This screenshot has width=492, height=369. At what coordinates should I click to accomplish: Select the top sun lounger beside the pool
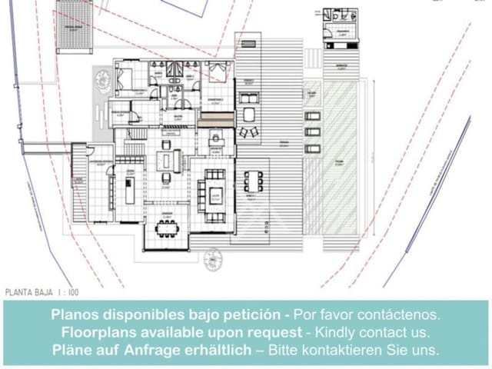click(x=312, y=116)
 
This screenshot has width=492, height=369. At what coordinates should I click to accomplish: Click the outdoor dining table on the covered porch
click(x=253, y=181)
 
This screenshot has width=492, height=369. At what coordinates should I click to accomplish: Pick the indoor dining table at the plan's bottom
click(x=166, y=227)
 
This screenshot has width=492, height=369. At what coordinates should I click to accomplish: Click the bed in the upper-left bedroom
click(x=124, y=77)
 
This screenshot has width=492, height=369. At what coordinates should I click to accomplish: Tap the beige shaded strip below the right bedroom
click(x=216, y=119)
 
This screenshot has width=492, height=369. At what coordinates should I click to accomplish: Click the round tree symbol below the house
click(x=213, y=261)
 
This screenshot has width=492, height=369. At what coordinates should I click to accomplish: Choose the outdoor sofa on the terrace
click(x=248, y=98)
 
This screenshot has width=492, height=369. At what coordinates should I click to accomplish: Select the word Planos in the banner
click(x=75, y=315)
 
